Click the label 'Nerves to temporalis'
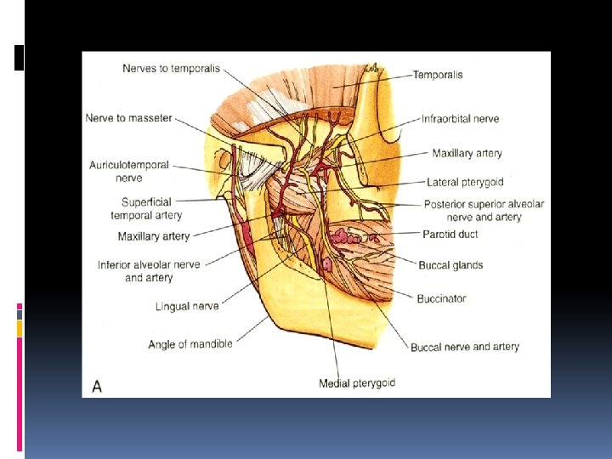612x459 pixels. [171, 68]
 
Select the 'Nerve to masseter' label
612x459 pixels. [128, 118]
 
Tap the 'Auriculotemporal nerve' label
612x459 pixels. [129, 171]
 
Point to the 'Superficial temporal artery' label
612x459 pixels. [146, 208]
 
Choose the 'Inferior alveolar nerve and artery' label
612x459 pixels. [149, 270]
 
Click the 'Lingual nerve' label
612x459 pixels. [187, 306]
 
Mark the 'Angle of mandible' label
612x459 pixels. [190, 344]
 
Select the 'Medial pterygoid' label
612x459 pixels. [356, 383]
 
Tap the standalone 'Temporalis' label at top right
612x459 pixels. [438, 75]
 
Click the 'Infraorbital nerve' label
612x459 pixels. [460, 119]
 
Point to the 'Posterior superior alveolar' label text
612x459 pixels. [484, 204]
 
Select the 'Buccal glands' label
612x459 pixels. [450, 265]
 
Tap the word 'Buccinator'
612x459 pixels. [441, 298]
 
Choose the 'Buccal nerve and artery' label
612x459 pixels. [464, 347]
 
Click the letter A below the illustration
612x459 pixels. [97, 386]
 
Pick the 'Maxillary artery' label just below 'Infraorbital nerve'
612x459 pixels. [467, 154]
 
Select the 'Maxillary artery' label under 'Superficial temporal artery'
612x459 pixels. [154, 235]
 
